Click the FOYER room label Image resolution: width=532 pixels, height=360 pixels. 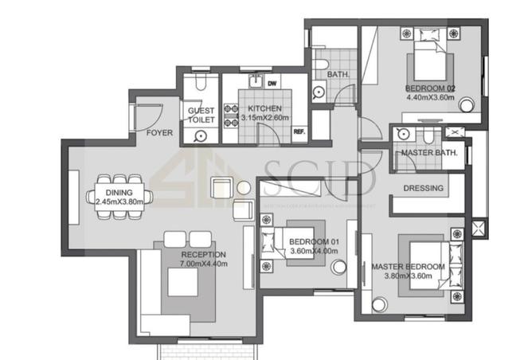tap(159, 133)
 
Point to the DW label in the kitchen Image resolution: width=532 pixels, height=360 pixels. tap(272, 83)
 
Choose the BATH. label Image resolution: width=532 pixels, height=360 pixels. tap(335, 76)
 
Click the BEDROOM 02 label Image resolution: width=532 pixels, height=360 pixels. tap(429, 88)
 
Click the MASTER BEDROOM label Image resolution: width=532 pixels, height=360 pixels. tap(409, 266)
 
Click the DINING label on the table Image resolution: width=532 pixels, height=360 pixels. tap(119, 194)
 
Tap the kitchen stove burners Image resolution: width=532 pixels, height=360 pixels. tap(230, 117)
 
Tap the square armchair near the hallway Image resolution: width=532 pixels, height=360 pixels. tap(221, 189)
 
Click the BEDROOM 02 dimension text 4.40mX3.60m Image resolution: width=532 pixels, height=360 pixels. tap(429, 98)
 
